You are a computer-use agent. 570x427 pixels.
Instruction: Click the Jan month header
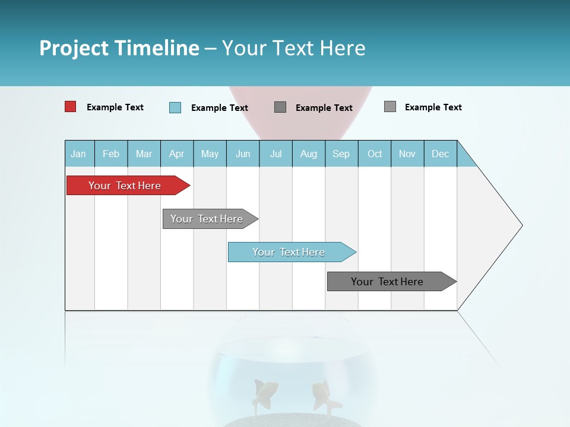(x=79, y=154)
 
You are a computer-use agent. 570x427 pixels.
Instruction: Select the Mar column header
(x=144, y=154)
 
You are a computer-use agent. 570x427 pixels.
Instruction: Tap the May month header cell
(x=210, y=154)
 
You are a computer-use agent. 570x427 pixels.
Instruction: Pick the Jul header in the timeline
(x=275, y=154)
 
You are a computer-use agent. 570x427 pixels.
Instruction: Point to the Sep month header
(x=341, y=154)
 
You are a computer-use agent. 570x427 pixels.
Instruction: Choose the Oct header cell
(x=375, y=154)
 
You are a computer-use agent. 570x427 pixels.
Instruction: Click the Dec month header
(x=440, y=154)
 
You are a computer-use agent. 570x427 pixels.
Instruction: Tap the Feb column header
(x=111, y=154)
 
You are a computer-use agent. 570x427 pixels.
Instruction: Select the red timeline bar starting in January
(x=125, y=186)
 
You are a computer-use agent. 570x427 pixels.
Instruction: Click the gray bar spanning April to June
(x=207, y=219)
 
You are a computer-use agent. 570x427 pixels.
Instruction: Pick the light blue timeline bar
(x=289, y=252)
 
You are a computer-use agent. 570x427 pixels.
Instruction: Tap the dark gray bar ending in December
(x=387, y=282)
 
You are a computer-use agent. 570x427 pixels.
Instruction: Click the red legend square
(x=70, y=107)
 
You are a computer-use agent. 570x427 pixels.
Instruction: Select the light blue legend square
(x=175, y=107)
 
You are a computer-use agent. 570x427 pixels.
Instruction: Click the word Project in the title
(x=75, y=48)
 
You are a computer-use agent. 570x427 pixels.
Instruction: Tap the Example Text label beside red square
(x=115, y=107)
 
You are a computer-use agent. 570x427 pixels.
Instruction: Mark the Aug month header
(x=308, y=154)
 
